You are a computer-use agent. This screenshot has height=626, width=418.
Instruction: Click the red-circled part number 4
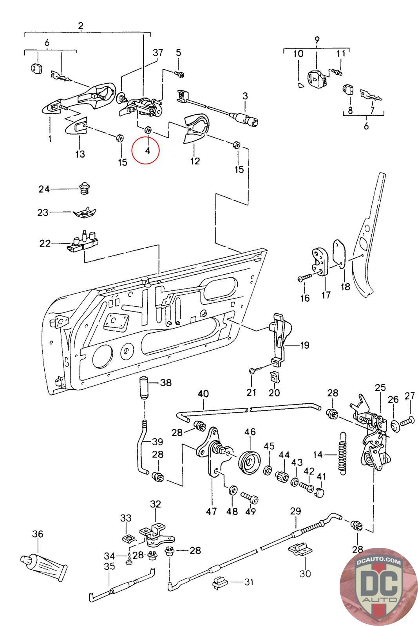[x=147, y=151]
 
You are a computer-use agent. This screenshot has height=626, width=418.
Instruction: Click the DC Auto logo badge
[x=378, y=586]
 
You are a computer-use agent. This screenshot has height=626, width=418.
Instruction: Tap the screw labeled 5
[x=179, y=74]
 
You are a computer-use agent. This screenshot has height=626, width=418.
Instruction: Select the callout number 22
[x=45, y=243]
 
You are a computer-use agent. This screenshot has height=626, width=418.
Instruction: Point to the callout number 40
[x=203, y=394]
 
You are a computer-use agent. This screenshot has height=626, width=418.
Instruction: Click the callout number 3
[x=245, y=96]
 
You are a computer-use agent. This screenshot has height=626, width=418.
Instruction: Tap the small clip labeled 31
[x=220, y=583]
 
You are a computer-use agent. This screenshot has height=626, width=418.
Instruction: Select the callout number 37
[x=157, y=52]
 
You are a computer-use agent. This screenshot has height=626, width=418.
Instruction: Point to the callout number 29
[x=295, y=511]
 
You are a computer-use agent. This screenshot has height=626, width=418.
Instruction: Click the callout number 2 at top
[x=81, y=26]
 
